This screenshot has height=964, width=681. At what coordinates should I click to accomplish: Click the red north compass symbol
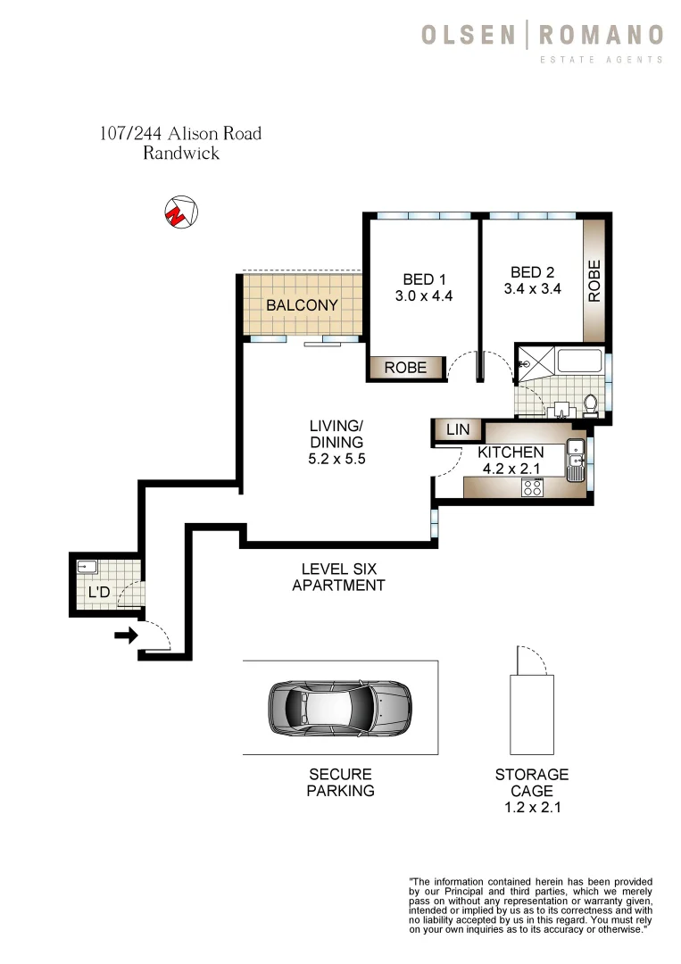181,212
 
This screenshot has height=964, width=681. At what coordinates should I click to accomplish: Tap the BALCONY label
302,305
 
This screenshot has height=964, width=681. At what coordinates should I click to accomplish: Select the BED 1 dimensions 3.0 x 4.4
424,296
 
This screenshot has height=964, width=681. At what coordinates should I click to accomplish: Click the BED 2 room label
532,272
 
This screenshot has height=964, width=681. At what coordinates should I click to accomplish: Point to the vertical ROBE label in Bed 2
594,279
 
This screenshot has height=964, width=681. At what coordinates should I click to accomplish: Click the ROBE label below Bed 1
406,368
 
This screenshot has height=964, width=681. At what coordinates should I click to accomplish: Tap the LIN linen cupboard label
457,430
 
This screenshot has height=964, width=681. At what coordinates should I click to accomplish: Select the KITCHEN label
511,453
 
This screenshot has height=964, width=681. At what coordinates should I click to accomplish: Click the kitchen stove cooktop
533,487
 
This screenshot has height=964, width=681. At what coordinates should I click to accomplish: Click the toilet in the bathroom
590,406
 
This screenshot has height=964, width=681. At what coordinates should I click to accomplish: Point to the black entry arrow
126,636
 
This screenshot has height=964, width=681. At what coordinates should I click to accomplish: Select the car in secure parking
339,708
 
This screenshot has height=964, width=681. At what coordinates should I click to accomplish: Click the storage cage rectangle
532,714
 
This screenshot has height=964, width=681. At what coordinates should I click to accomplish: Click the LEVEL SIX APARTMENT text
338,577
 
